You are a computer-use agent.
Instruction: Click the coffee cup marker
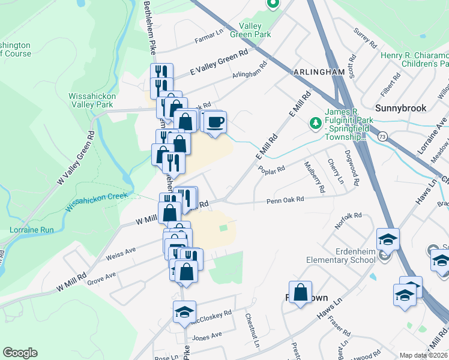(x=214, y=122)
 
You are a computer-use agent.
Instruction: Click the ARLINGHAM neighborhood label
(x=319, y=72)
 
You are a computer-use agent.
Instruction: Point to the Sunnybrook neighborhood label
(x=400, y=108)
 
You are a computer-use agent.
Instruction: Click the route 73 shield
(x=382, y=137)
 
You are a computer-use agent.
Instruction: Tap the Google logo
(x=20, y=353)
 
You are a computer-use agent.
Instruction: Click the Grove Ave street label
(x=101, y=277)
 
